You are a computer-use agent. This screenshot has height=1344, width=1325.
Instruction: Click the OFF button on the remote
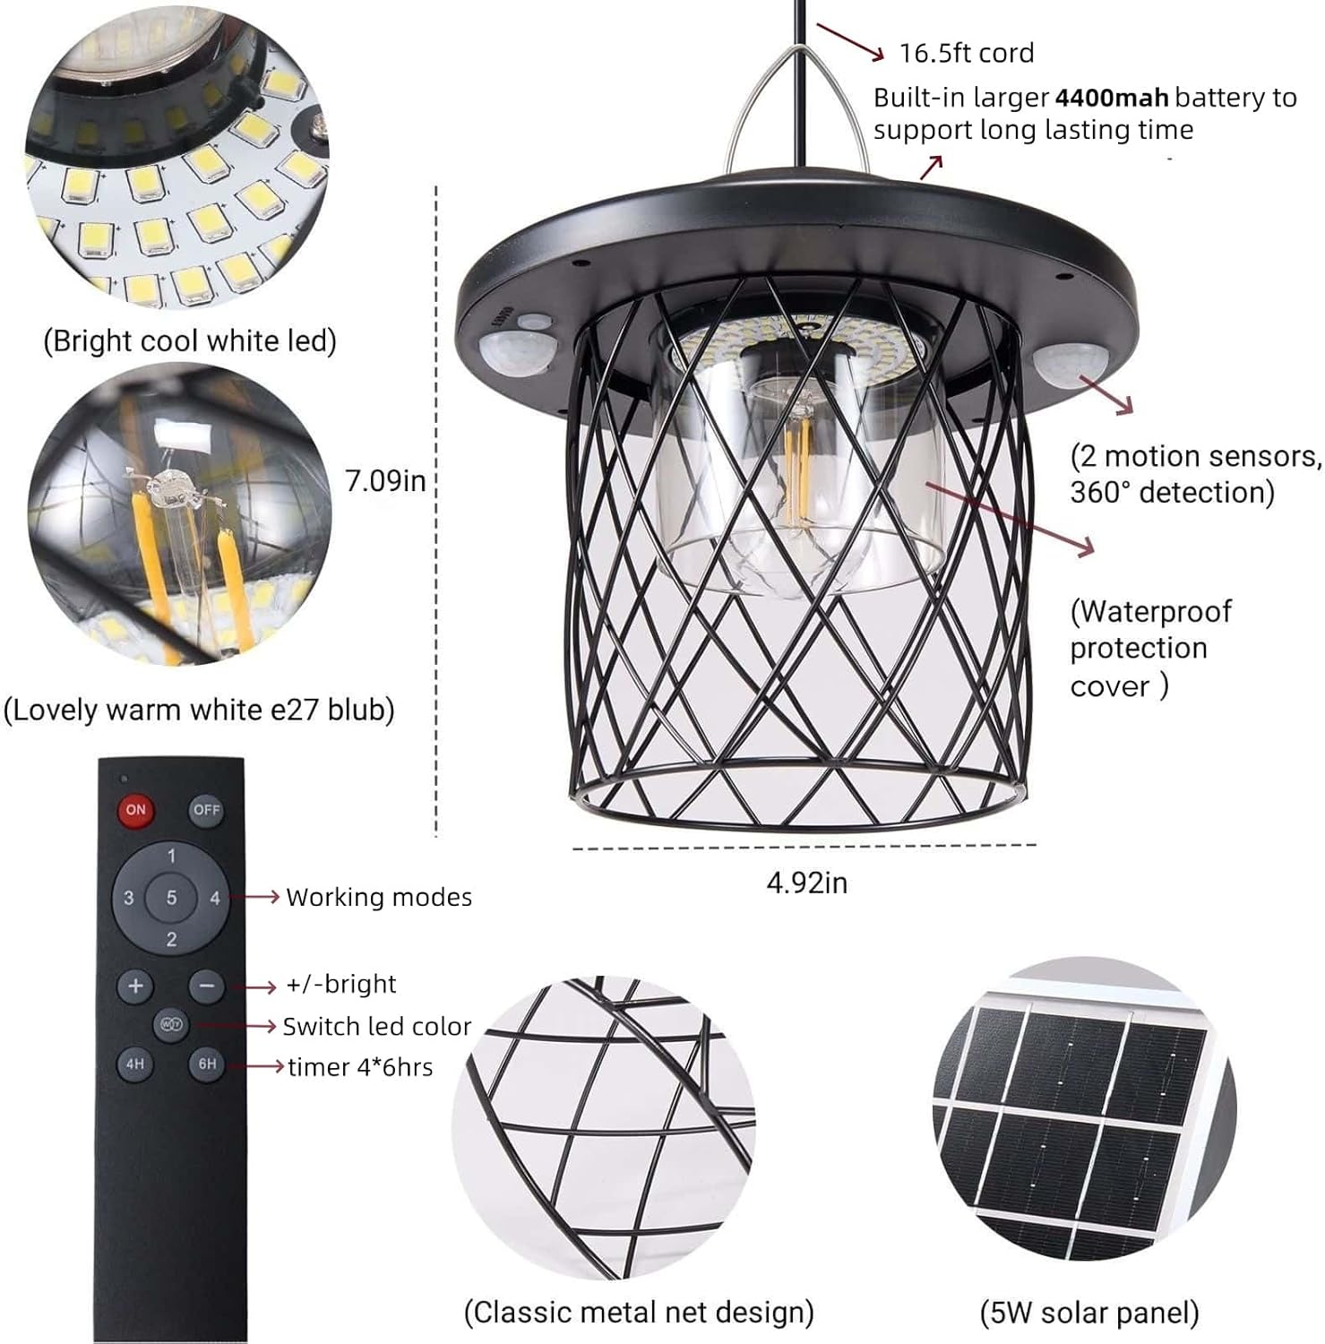coord(206,810)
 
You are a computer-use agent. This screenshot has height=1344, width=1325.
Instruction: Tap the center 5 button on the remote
coord(171,898)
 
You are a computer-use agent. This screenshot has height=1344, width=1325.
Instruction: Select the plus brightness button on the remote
coord(135,986)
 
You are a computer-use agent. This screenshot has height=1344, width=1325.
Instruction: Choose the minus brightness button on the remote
coord(206,986)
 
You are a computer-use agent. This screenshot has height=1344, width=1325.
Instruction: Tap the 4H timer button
coord(134,1064)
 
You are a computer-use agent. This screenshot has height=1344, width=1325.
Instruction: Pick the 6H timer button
coord(207,1064)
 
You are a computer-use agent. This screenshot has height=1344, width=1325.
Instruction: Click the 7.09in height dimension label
coord(385,481)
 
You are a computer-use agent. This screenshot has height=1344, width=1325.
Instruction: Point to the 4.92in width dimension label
coord(806,883)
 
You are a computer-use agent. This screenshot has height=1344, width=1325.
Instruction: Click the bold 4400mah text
coord(1111,98)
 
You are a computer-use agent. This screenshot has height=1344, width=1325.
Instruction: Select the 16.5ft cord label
coord(966,53)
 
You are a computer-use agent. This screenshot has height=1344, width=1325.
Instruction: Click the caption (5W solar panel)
coord(1088,1313)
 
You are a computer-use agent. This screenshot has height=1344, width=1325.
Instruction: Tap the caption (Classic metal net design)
coord(638,1312)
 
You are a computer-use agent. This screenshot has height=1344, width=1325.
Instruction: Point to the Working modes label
coord(378,898)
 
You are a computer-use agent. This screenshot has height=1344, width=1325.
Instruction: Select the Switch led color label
coord(376,1027)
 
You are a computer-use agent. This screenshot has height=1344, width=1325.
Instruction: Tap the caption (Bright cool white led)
coord(190,341)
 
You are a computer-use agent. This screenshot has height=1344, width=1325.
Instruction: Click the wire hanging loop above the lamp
coord(797,108)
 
